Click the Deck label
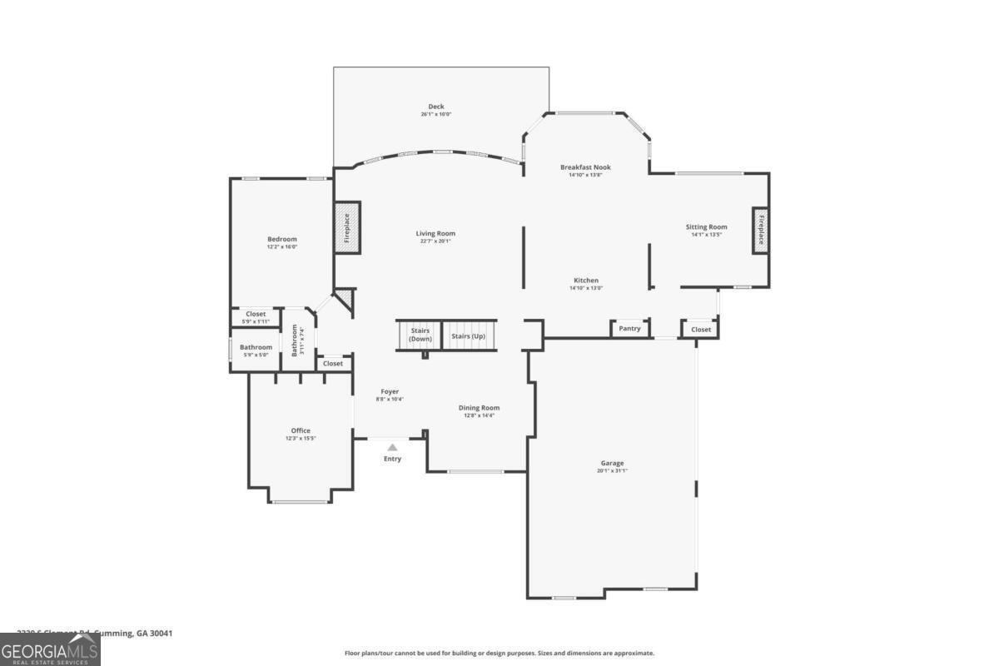coord(436,107)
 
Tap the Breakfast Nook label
coord(585,167)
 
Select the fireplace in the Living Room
coord(347,227)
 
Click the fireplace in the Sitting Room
coord(760,230)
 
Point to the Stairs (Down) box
coord(420,335)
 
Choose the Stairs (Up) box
coord(468,335)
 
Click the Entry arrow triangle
coord(392,448)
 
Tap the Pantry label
coord(630,329)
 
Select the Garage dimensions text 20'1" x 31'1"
coord(612,471)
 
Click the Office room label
coord(301,430)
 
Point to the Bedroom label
coord(282,239)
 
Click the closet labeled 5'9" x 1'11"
coord(256,317)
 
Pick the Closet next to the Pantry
coord(701,330)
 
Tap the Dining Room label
coord(480,408)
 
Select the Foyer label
coord(390,391)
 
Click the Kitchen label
coord(586,281)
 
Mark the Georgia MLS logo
coord(50,649)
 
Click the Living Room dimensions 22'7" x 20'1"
coord(435,241)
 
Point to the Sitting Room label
coord(707,226)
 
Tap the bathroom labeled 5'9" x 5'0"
coord(256,350)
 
